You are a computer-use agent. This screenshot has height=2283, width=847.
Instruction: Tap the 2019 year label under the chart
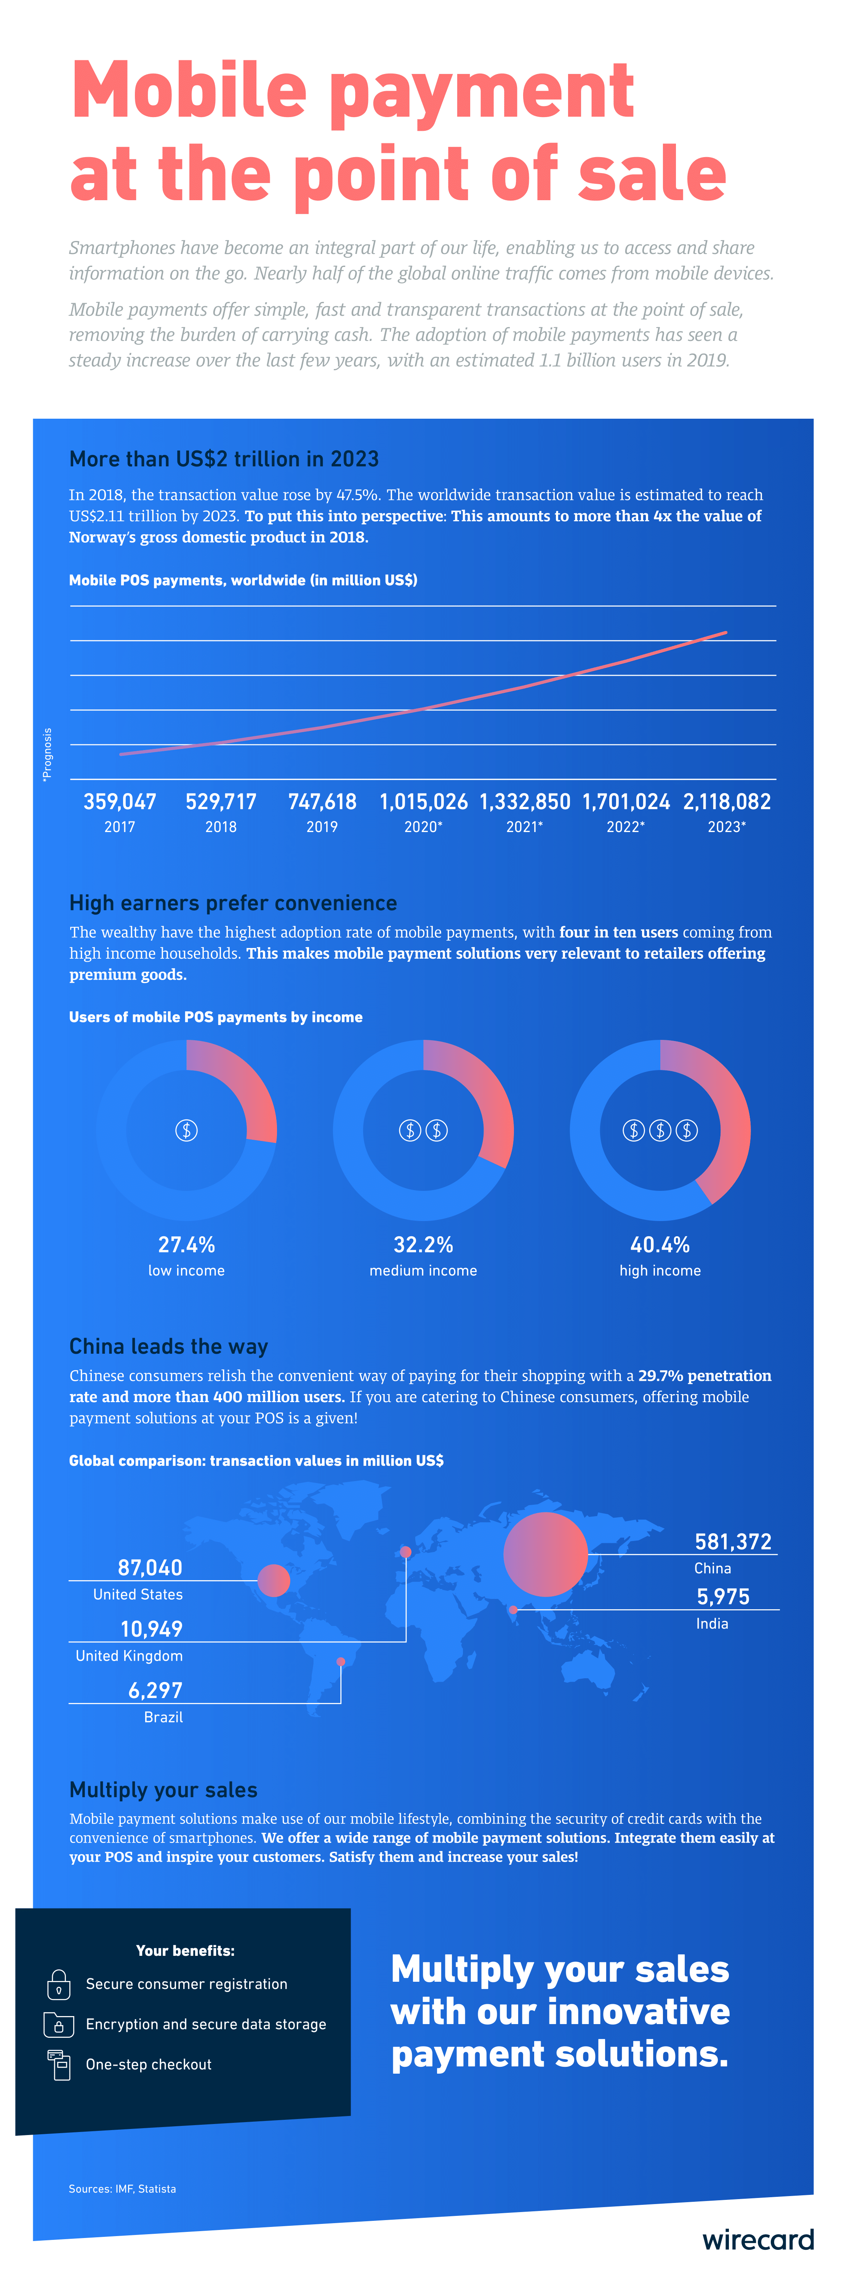[322, 827]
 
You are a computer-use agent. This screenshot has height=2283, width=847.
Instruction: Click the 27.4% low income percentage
[186, 1244]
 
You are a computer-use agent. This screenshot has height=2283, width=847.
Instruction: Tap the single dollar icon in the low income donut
[186, 1130]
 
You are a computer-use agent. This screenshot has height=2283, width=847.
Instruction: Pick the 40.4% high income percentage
[660, 1244]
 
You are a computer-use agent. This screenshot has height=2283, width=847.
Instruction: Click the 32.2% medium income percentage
[424, 1244]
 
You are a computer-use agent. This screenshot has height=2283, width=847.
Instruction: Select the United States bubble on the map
[274, 1580]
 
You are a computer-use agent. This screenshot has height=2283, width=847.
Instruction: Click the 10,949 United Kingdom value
[151, 1629]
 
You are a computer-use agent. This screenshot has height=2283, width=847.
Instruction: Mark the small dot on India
[513, 1610]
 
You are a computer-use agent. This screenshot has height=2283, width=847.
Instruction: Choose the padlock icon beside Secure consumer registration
[58, 1984]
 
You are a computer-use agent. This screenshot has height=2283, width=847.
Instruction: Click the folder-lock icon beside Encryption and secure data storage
[58, 2024]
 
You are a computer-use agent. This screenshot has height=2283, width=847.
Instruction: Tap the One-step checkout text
[149, 2064]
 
